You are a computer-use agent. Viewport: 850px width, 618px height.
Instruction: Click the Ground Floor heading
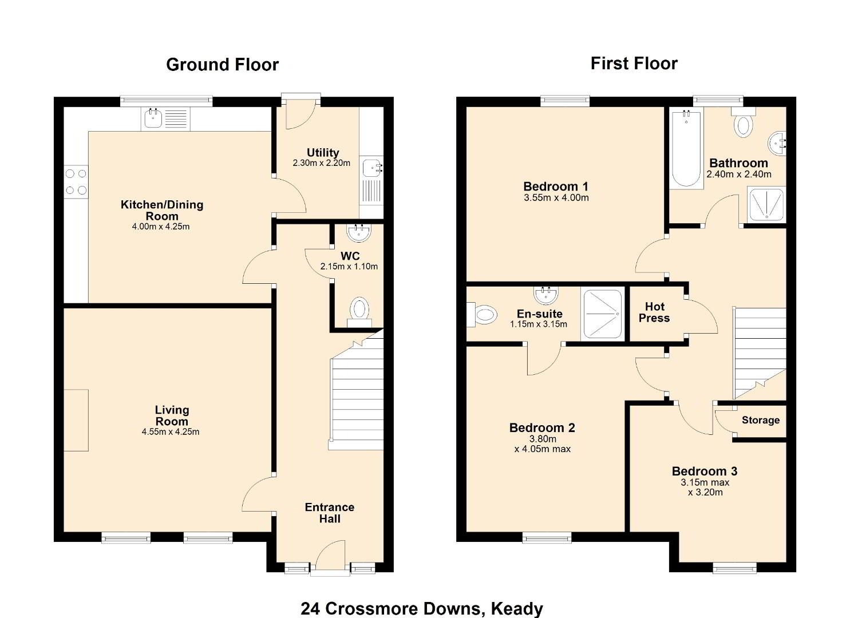click(x=222, y=65)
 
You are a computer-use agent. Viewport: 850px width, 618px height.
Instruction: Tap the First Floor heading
click(x=634, y=64)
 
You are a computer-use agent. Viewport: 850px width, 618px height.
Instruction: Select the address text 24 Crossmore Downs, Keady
click(x=422, y=608)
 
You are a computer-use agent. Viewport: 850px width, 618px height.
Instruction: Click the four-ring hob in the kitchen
click(x=76, y=182)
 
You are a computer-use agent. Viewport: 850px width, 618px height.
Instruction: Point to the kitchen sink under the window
click(x=165, y=119)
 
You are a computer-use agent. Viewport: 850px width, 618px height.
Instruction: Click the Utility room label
click(x=323, y=153)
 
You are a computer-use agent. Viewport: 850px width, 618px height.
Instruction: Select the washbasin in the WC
click(x=358, y=232)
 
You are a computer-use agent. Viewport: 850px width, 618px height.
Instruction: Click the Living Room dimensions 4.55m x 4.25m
click(x=171, y=431)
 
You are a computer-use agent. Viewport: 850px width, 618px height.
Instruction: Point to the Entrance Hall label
click(x=329, y=513)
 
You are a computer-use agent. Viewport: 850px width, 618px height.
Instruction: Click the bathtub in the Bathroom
click(x=686, y=148)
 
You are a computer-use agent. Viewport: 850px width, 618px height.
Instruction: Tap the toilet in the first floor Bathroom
click(x=744, y=122)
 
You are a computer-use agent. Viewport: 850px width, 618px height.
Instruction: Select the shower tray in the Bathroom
click(x=766, y=204)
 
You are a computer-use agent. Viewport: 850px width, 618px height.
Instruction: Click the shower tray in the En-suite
click(x=603, y=314)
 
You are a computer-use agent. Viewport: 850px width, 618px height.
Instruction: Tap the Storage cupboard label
click(x=761, y=420)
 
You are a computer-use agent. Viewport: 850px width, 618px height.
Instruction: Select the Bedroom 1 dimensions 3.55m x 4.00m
click(x=556, y=197)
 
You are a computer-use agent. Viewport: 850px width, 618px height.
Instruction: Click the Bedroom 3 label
click(x=705, y=471)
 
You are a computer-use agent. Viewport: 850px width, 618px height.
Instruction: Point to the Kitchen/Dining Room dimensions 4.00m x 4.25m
click(x=160, y=227)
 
